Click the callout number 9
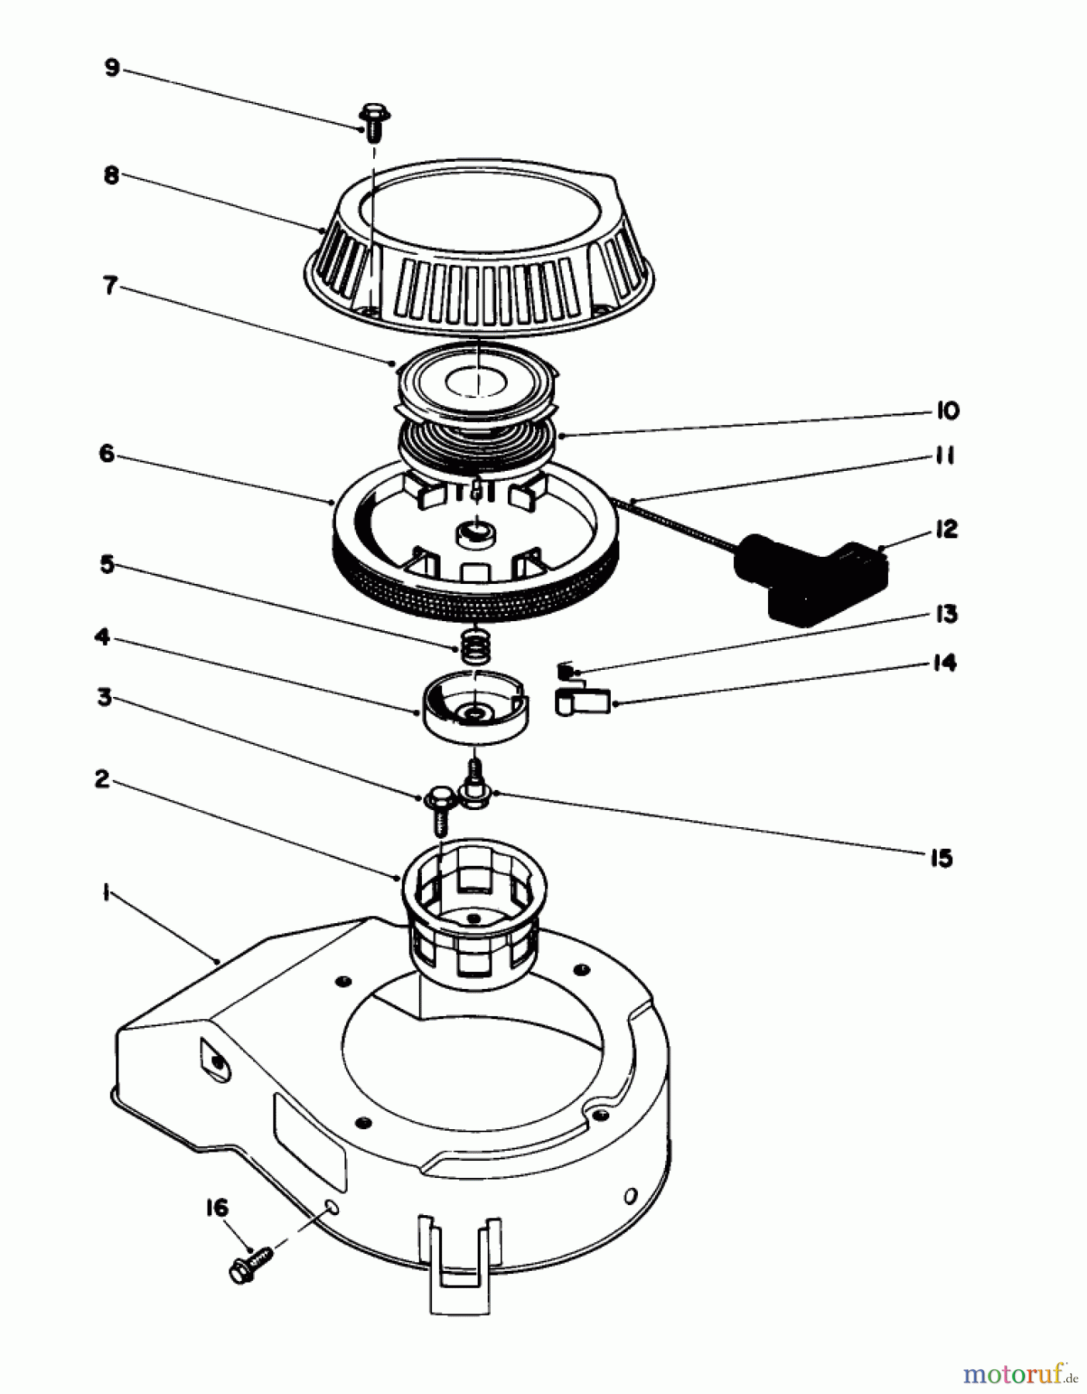pos(112,68)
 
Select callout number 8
pos(111,175)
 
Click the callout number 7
pos(111,286)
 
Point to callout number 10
pos(948,410)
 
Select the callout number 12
pos(946,530)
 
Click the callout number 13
pos(945,614)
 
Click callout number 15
pos(941,858)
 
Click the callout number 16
pos(217,1207)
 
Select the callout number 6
pos(106,453)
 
